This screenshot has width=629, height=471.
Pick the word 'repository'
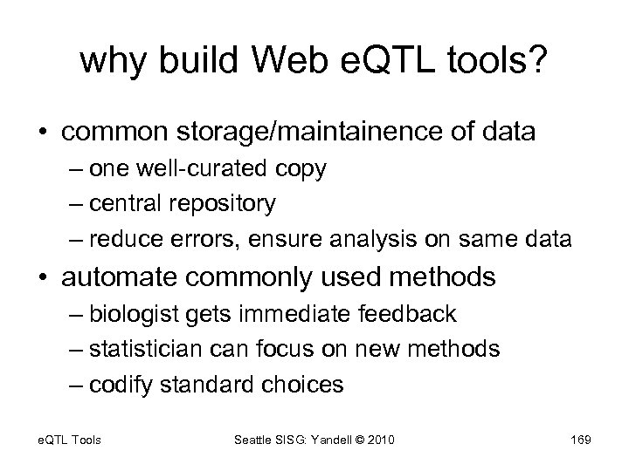224,203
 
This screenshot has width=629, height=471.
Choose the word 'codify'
121,384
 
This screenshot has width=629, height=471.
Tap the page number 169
579,440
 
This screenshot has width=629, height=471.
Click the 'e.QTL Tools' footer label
68,440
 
